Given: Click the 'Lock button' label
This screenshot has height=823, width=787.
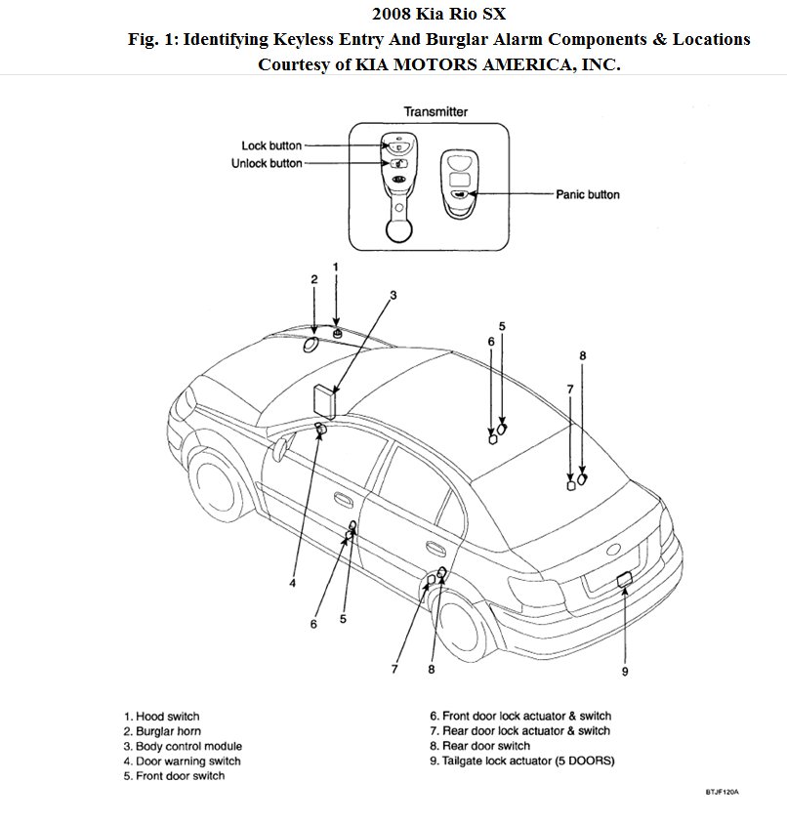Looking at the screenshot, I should (271, 146).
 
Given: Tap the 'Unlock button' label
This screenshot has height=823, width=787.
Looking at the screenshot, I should (267, 163).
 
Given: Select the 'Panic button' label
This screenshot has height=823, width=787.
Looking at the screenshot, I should (588, 194).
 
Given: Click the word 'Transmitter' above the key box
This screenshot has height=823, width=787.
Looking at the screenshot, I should (435, 112).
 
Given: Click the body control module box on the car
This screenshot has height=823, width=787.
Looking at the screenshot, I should (324, 401).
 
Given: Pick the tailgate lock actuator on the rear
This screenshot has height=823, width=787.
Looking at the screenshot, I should (625, 580).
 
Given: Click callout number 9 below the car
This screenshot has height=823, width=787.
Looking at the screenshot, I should (625, 671).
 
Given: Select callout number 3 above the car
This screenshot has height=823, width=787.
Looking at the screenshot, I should (393, 294).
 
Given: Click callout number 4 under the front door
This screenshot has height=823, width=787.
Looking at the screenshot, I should (292, 584).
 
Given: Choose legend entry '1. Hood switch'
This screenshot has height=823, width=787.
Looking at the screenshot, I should (162, 717).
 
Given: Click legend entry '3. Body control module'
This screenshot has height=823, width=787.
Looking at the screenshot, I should (183, 746).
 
